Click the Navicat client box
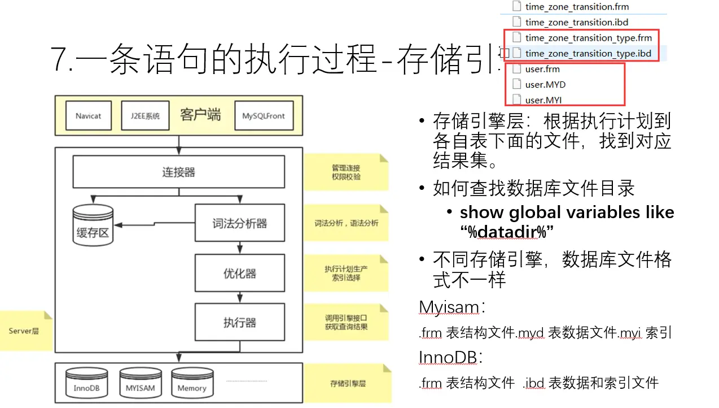coord(89,116)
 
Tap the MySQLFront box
coord(264,116)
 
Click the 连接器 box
coord(178,172)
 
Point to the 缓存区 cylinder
coord(93,225)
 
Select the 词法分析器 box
coord(239,224)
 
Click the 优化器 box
coord(239,274)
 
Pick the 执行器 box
coord(239,323)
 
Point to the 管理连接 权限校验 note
coord(346,172)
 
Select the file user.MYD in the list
coord(545,85)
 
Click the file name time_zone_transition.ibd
coord(576,23)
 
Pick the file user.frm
coord(542,69)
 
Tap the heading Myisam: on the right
coord(452,307)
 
